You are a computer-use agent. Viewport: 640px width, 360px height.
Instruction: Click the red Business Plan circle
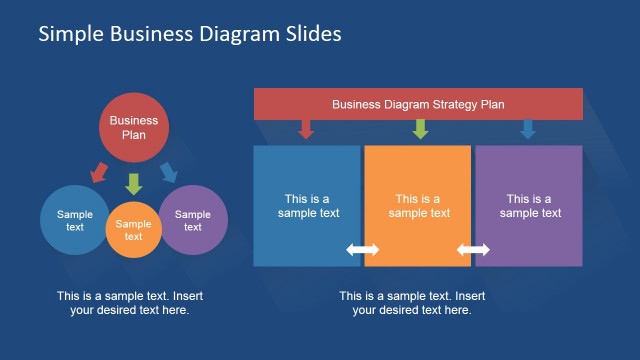134,127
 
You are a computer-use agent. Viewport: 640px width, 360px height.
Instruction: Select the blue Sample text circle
74,219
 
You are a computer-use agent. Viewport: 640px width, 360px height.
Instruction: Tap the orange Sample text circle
134,229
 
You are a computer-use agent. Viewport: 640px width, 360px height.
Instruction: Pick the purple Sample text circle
193,219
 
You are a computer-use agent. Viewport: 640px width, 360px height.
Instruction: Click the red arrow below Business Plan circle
98,172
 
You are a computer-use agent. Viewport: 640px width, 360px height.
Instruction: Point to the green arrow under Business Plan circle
134,182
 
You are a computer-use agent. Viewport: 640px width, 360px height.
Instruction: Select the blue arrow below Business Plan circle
169,172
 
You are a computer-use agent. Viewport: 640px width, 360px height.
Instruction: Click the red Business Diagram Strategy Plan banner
418,104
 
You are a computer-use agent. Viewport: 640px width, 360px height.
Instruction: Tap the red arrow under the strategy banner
307,129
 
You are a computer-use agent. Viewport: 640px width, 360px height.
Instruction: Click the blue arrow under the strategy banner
528,129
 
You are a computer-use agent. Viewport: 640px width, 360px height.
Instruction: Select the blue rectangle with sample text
306,205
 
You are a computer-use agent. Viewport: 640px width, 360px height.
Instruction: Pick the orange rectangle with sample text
418,205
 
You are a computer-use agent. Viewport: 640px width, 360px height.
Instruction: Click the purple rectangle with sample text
529,205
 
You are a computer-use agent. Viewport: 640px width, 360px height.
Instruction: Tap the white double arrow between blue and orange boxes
363,250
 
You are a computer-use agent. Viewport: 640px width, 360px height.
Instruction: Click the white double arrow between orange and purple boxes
473,250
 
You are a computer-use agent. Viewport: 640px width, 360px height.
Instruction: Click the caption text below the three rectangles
412,302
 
